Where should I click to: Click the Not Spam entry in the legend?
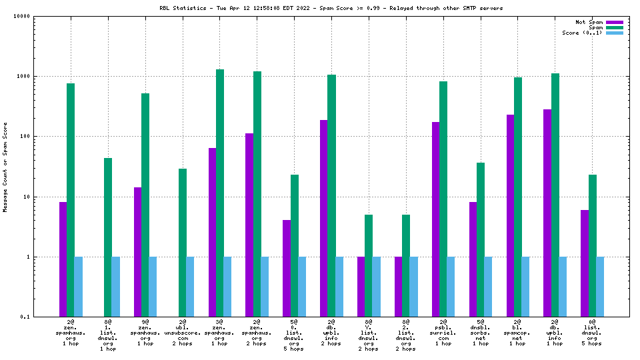tap(589, 22)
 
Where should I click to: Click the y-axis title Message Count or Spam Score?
tap(5, 167)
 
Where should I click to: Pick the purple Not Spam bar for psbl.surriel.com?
tap(436, 219)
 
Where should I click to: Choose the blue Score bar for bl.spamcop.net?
tap(525, 287)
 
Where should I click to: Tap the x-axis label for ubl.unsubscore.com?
tap(182, 335)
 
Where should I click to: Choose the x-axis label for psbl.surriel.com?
tap(443, 335)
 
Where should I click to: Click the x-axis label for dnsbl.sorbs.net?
tap(481, 335)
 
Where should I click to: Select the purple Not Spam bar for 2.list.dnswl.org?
tap(399, 287)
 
